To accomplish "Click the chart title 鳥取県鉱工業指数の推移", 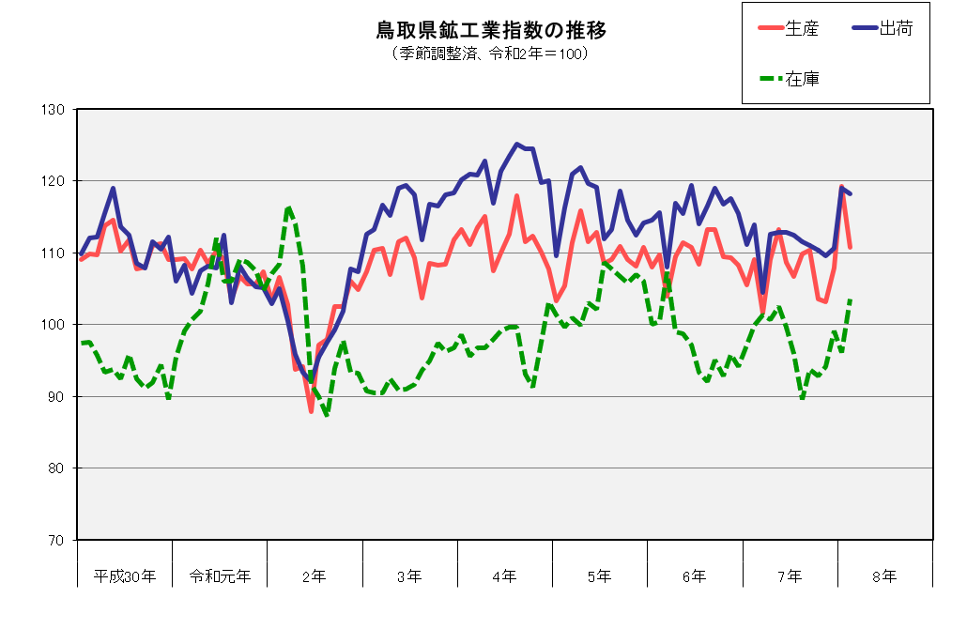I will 491,31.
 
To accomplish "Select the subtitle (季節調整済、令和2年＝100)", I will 491,54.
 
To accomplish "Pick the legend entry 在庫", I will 804,79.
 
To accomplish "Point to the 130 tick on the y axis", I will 53,110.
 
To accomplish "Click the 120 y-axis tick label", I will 53,181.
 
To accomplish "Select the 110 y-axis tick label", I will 53,253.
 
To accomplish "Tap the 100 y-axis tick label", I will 53,325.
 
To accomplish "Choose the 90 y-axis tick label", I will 54,397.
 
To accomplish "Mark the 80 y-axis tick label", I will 54,468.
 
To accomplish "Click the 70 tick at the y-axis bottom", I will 54,541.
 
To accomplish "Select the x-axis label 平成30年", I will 125,575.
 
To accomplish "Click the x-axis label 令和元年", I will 220,575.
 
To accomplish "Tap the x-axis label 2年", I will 315,575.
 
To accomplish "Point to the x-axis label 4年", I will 505,575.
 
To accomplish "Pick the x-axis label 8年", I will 884,575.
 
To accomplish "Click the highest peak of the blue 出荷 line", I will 516,144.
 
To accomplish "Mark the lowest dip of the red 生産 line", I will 311,411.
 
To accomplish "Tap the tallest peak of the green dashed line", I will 288,207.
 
